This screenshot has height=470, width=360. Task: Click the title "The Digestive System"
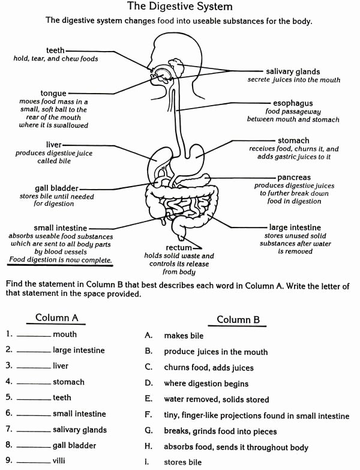(179, 7)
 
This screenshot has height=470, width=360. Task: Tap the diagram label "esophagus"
(292, 103)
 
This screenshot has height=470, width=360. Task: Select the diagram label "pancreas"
(294, 178)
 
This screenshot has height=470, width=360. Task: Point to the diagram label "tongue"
(53, 94)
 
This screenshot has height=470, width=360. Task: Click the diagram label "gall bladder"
(56, 188)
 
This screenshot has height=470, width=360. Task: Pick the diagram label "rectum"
(179, 247)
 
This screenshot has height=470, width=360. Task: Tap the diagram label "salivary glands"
(293, 71)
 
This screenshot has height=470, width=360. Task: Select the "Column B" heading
(238, 319)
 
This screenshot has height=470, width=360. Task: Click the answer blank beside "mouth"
(34, 336)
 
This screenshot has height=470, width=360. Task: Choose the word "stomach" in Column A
(68, 382)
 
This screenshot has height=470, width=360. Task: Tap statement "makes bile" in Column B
(184, 336)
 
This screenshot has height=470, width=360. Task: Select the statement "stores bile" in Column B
(182, 462)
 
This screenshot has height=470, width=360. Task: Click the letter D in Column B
(148, 383)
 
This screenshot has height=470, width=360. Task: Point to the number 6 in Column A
(8, 414)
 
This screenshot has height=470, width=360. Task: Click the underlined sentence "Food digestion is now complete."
(61, 260)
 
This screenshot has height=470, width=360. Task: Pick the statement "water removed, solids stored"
(216, 399)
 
